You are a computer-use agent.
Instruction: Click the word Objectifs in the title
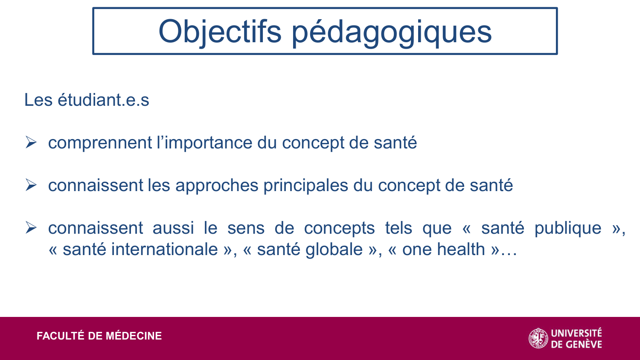pyautogui.click(x=220, y=32)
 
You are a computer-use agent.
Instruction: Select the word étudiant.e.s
pyautogui.click(x=103, y=100)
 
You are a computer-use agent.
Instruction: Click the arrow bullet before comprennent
pyautogui.click(x=31, y=142)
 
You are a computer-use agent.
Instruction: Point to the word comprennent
pyautogui.click(x=100, y=143)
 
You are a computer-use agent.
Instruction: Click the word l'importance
pyautogui.click(x=204, y=142)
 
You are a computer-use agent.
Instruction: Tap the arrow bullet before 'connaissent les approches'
pyautogui.click(x=31, y=185)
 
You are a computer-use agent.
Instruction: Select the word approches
pyautogui.click(x=217, y=186)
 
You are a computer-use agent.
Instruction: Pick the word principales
pyautogui.click(x=306, y=186)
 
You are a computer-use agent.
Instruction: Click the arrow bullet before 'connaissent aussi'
pyautogui.click(x=31, y=227)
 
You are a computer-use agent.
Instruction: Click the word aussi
pyautogui.click(x=173, y=228)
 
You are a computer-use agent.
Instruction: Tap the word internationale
pyautogui.click(x=164, y=249)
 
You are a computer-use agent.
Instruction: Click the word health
pyautogui.click(x=461, y=249)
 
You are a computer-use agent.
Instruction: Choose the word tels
pyautogui.click(x=399, y=228)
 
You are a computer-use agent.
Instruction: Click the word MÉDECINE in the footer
pyautogui.click(x=134, y=336)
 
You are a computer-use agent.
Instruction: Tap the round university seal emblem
pyautogui.click(x=538, y=338)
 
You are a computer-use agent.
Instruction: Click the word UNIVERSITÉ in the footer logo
pyautogui.click(x=576, y=333)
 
